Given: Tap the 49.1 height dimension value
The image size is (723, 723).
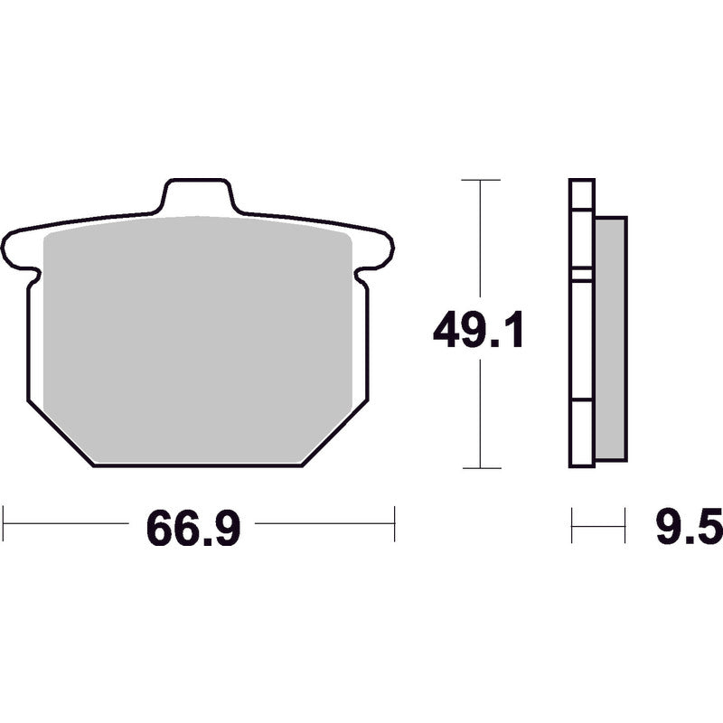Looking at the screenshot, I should [478, 332].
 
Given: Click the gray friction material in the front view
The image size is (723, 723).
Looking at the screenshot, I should [197, 334].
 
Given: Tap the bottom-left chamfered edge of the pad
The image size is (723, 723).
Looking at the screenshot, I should [60, 433].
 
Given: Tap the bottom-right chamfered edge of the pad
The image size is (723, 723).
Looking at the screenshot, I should [334, 433].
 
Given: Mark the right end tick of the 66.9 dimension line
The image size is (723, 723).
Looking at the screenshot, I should [394, 523].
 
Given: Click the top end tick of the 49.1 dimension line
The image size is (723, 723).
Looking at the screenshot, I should [480, 180].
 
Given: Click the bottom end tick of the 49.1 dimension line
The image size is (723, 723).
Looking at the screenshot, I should [480, 468].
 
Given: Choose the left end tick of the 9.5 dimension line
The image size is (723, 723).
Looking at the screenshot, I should [572, 524].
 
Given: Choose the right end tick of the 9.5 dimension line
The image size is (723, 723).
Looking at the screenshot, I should [624, 524].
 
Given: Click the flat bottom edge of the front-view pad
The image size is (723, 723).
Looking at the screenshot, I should [197, 465].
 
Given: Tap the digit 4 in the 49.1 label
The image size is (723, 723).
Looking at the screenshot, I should [448, 332].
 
